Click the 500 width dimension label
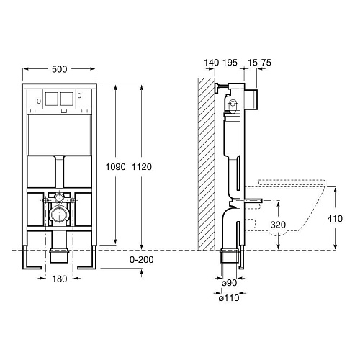point(60,69)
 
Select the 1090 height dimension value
point(116,167)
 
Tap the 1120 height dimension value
point(142,167)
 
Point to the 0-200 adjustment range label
point(142,260)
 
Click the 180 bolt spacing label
point(60,279)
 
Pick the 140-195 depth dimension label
point(220,63)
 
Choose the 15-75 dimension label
point(259,63)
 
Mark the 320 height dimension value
point(278,225)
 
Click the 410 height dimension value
point(335,219)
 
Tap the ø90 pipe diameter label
point(229,283)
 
